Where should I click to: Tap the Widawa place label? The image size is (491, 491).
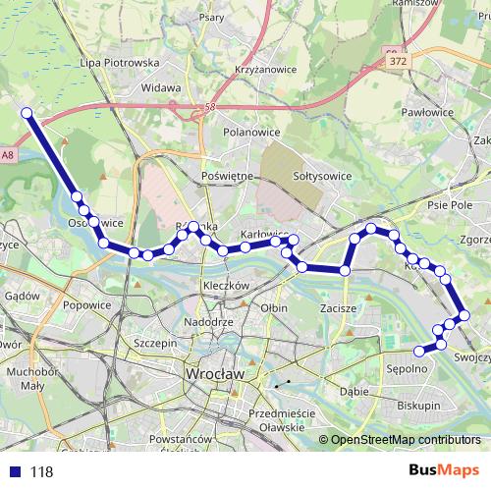click(x=161, y=87)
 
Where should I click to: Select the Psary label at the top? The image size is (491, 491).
click(x=211, y=17)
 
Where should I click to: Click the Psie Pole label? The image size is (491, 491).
click(x=451, y=205)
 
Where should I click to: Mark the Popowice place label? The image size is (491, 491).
click(x=86, y=305)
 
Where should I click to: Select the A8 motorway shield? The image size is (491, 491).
click(x=8, y=154)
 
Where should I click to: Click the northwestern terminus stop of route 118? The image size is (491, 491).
click(x=27, y=114)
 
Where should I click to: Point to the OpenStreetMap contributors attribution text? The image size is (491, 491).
click(x=405, y=440)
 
